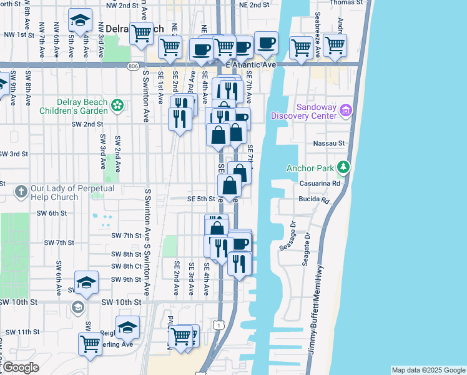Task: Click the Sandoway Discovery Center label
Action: click(x=303, y=111)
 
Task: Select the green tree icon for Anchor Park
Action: click(x=342, y=167)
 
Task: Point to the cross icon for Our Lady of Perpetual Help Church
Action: click(x=21, y=191)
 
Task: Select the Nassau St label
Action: click(x=332, y=143)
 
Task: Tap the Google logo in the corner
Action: click(x=20, y=367)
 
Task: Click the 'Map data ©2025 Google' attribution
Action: click(x=428, y=370)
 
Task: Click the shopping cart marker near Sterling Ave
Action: click(x=90, y=343)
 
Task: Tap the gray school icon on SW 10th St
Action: click(x=77, y=307)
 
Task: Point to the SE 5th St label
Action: click(x=201, y=199)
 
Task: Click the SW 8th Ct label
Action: click(x=127, y=266)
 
